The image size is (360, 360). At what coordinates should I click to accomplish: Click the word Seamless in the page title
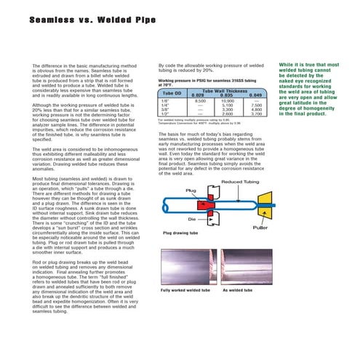pyautogui.click(x=52, y=21)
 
